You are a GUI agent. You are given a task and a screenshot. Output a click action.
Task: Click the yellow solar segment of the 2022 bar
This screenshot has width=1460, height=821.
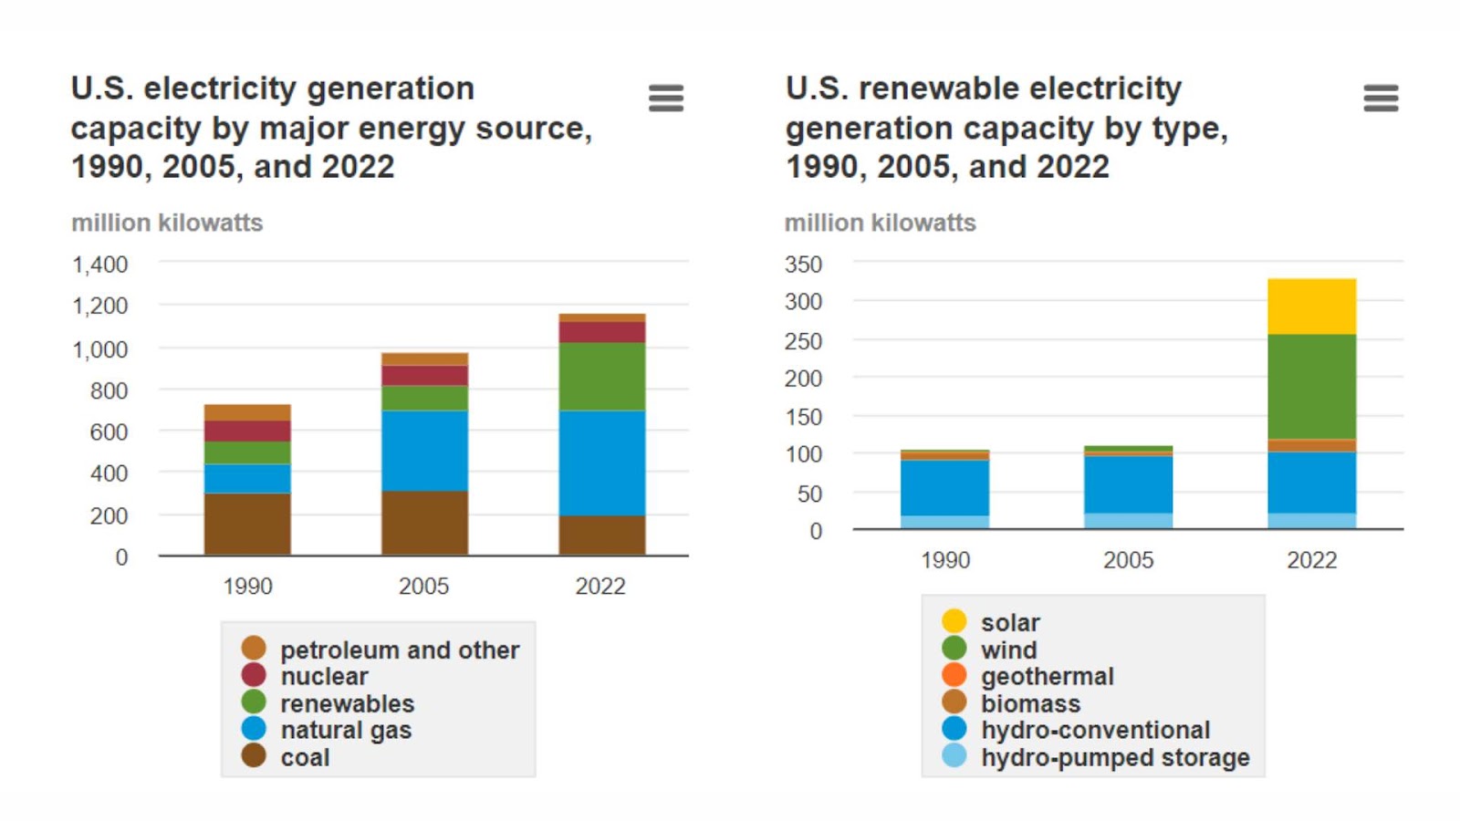1311,307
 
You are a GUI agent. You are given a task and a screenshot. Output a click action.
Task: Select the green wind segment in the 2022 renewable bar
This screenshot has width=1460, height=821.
1311,387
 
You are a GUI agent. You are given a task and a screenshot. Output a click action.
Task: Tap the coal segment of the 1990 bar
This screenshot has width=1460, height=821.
247,524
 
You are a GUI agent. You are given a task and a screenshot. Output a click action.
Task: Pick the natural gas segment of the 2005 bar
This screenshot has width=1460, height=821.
425,451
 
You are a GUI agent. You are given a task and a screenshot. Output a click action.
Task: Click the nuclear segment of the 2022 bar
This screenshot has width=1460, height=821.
602,332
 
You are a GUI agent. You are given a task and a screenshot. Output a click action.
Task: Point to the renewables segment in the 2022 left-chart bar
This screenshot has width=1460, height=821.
602,377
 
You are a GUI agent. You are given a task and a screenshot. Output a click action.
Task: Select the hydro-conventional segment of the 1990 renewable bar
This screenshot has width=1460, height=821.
945,488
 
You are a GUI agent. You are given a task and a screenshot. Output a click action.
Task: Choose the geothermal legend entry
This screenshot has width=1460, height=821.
1027,676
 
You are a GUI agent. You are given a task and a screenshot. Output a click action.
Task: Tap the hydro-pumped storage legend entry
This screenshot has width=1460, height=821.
1096,757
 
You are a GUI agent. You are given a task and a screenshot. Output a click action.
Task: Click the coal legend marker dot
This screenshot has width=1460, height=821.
254,756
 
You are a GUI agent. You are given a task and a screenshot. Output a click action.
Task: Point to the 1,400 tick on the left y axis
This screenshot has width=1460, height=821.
100,265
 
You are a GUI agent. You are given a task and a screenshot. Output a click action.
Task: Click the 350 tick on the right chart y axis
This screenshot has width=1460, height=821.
804,265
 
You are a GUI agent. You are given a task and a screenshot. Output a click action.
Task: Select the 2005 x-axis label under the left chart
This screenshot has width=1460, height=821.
423,587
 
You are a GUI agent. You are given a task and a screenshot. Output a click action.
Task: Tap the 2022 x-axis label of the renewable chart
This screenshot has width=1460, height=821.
1312,560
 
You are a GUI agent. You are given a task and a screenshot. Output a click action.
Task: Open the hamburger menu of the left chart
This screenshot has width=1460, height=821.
666,99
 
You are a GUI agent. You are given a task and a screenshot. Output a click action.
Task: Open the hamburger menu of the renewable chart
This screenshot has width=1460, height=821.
1382,99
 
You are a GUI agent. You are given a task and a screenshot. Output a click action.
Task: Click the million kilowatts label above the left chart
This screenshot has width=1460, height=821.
167,223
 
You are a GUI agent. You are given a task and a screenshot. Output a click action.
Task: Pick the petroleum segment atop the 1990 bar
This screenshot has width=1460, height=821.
247,412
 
